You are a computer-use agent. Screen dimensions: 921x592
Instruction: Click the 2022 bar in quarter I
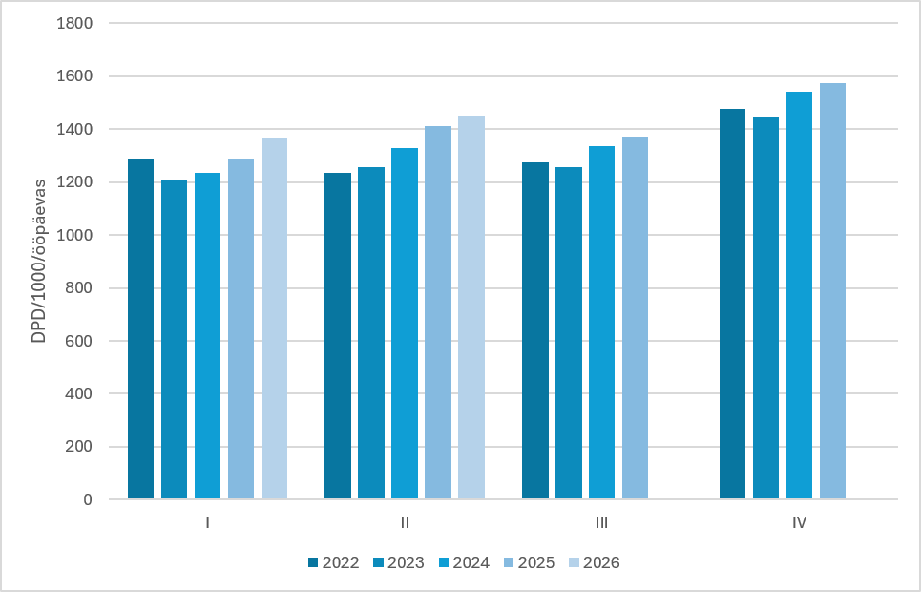(x=141, y=329)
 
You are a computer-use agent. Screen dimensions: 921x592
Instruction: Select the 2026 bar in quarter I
(x=274, y=319)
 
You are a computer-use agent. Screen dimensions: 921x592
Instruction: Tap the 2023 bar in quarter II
(x=371, y=333)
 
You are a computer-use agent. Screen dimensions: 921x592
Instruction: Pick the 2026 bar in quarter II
(x=471, y=308)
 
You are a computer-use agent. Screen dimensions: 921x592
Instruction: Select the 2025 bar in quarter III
(x=636, y=318)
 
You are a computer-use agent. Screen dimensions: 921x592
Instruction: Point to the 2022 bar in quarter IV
(x=732, y=304)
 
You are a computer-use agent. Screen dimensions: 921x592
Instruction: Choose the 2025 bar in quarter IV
(x=833, y=291)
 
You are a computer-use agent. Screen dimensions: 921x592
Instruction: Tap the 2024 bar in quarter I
(x=207, y=336)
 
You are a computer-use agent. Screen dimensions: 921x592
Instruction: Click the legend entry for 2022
(x=334, y=562)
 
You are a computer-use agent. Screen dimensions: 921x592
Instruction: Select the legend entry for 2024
(x=464, y=562)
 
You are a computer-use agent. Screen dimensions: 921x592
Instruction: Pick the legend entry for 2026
(x=595, y=562)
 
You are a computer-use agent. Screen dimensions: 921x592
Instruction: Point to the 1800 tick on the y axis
(x=74, y=24)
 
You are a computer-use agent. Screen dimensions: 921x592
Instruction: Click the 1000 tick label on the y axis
(x=74, y=235)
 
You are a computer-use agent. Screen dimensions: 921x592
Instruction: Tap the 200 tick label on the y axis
(x=79, y=447)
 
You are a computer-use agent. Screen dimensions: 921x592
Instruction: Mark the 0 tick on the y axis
(x=88, y=499)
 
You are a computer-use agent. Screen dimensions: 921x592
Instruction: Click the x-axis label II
(x=405, y=522)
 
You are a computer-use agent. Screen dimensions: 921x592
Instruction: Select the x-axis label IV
(x=799, y=522)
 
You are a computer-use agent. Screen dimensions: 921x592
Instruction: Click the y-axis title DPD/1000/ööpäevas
(x=39, y=261)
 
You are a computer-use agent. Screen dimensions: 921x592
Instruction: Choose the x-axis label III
(x=601, y=522)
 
